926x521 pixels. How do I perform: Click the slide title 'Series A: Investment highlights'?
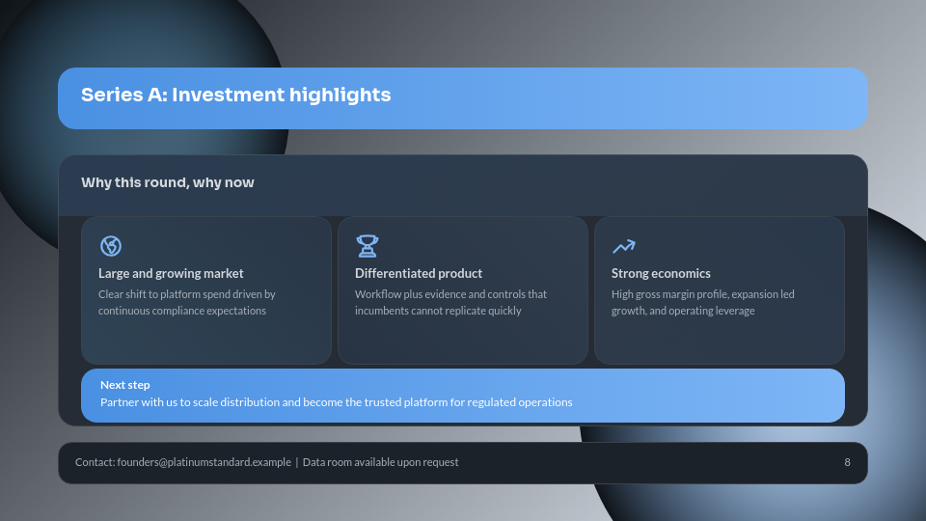pos(235,95)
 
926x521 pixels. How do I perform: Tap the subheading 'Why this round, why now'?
pos(168,182)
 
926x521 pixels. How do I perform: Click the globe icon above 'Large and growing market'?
pos(111,246)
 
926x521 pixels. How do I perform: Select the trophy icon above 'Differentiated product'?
pos(368,246)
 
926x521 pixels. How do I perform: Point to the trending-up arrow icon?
pos(624,246)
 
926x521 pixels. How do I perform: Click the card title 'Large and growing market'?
pos(171,273)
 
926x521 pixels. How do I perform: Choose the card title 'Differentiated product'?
pos(419,273)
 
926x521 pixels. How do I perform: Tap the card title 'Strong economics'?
pos(661,273)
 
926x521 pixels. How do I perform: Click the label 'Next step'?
pos(125,385)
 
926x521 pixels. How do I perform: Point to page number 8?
pos(847,462)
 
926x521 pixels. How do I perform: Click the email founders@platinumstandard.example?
pos(204,462)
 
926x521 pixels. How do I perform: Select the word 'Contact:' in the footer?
pos(95,462)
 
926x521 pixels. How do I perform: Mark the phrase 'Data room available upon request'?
pos(380,462)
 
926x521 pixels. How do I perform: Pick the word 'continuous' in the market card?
pos(125,311)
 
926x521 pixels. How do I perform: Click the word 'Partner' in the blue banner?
pos(120,402)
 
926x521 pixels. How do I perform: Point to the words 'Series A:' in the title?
pos(123,95)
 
